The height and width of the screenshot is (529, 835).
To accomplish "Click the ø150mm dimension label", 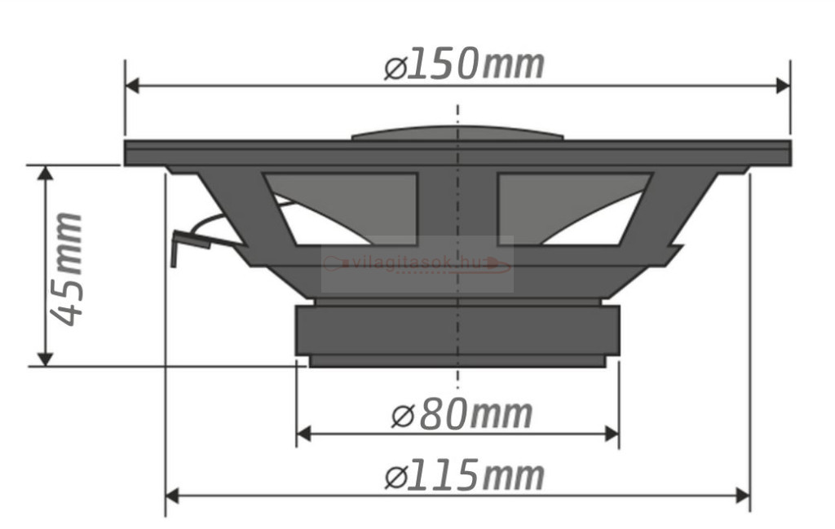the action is (x=464, y=65).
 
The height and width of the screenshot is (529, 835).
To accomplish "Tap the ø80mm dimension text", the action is (x=462, y=415).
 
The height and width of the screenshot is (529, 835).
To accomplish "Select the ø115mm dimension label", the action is (x=464, y=475).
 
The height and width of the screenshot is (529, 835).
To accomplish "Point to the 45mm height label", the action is (x=66, y=269).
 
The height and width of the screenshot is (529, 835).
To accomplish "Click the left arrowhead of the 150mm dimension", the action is (x=132, y=85).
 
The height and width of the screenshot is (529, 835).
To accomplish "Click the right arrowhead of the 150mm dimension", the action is (x=784, y=85).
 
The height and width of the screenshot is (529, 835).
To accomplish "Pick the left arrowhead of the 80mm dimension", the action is (x=303, y=434).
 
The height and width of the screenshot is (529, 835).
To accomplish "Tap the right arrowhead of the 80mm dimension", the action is (x=612, y=434).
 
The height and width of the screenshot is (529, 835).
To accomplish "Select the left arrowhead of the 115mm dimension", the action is (x=173, y=496).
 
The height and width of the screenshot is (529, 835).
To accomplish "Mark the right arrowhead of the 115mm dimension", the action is (x=743, y=496).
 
